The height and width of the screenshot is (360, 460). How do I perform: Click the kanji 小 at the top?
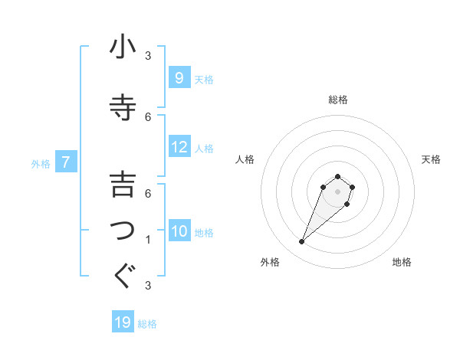pyautogui.click(x=123, y=47)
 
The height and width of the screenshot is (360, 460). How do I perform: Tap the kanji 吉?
pyautogui.click(x=123, y=185)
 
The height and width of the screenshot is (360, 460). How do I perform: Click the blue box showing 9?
pyautogui.click(x=179, y=77)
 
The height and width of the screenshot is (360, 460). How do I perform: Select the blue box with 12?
pyautogui.click(x=179, y=146)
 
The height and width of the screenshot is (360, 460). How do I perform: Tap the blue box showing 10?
pyautogui.click(x=179, y=231)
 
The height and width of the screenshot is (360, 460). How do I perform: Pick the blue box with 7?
pyautogui.click(x=67, y=162)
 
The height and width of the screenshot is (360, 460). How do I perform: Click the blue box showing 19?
pyautogui.click(x=123, y=322)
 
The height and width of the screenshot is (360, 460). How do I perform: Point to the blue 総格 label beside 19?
pyautogui.click(x=147, y=324)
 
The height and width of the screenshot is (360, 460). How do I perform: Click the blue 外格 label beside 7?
pyautogui.click(x=41, y=163)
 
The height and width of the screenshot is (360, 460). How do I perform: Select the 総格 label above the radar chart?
pyautogui.click(x=338, y=100)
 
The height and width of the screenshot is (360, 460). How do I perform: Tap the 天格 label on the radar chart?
pyautogui.click(x=431, y=159)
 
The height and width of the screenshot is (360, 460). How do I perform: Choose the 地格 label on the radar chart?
pyautogui.click(x=402, y=262)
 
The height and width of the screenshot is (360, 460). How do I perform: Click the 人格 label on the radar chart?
pyautogui.click(x=245, y=159)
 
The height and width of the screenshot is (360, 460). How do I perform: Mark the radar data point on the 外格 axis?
pyautogui.click(x=301, y=242)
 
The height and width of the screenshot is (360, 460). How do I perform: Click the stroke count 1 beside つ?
pyautogui.click(x=148, y=240)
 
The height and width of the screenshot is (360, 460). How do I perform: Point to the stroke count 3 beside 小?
pyautogui.click(x=148, y=55)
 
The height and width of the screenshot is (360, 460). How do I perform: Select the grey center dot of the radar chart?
pyautogui.click(x=338, y=191)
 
